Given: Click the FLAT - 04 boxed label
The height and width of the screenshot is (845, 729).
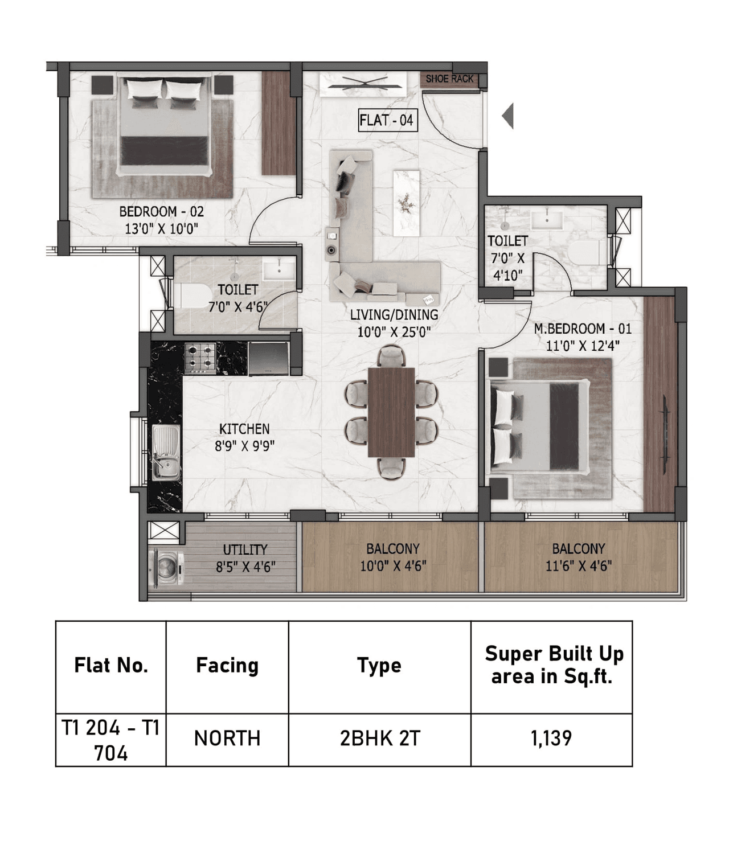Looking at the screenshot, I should tap(387, 120).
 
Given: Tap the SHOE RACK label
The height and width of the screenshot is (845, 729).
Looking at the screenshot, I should tap(449, 79).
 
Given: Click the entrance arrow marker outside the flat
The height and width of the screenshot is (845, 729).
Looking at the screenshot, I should tap(508, 116).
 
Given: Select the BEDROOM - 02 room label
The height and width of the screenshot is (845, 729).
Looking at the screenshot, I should tap(161, 212).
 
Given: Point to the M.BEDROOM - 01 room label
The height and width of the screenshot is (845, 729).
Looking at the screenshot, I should tap(582, 329).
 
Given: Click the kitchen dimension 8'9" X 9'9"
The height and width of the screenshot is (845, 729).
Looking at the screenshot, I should tap(244, 446).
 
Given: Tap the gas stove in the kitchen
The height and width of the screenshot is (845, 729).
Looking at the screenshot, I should tap(200, 358).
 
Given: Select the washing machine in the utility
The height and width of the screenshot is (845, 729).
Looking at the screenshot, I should tap(166, 567).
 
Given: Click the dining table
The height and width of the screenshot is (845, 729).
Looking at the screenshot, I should tap(391, 412).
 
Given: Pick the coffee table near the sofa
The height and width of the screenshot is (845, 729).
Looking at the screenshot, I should tap(406, 203).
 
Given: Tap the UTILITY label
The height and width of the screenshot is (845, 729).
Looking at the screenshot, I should tap(245, 549).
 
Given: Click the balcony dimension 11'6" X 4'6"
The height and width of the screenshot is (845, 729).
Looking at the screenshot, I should tap(578, 565).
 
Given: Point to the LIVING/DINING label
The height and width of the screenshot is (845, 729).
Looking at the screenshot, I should tap(394, 315).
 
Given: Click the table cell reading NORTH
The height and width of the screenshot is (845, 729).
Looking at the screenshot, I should tap(227, 739).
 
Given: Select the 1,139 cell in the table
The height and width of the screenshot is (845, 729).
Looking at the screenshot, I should tap(551, 739).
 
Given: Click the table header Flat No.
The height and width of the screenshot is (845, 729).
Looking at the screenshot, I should tap(111, 665).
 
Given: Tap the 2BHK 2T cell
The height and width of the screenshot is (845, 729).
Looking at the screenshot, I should tap(380, 739).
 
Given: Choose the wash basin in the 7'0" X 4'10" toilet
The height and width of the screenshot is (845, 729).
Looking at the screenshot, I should tap(547, 219).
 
